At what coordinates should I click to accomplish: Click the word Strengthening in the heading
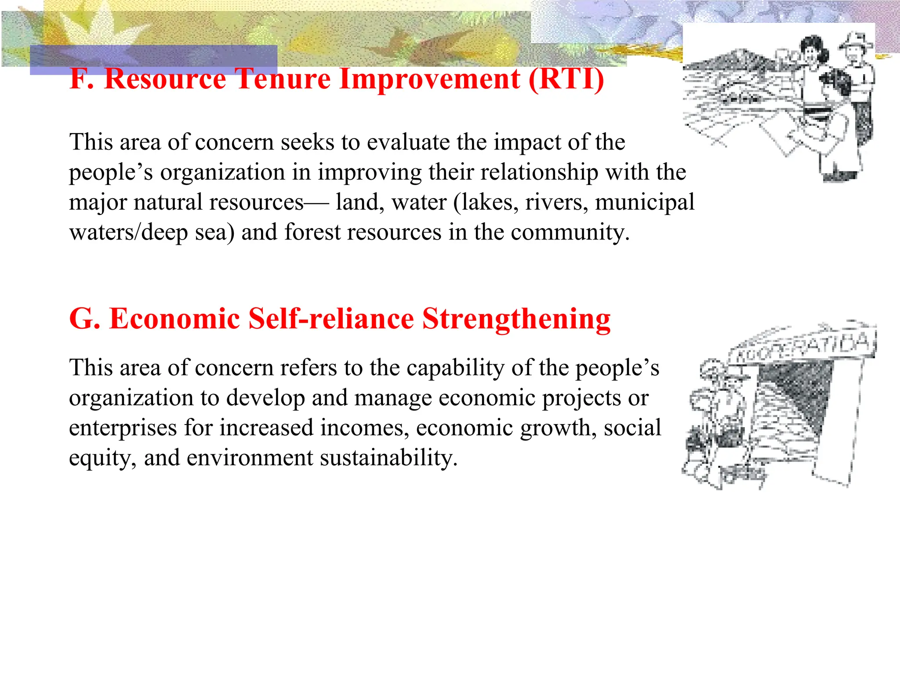516,319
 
